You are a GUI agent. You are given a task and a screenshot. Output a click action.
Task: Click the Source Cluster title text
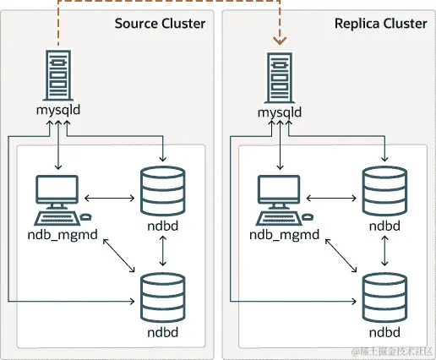tap(160, 24)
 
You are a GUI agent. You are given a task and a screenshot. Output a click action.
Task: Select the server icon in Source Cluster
tap(57, 75)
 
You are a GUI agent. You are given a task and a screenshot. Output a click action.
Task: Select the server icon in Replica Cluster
tap(278, 75)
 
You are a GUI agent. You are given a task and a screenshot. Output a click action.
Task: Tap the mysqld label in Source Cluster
tap(57, 111)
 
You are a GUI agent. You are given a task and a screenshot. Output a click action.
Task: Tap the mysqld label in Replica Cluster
tap(278, 111)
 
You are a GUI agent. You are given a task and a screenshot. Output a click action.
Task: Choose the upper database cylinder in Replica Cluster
tap(384, 191)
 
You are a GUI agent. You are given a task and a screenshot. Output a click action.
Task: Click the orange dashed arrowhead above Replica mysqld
tap(278, 39)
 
